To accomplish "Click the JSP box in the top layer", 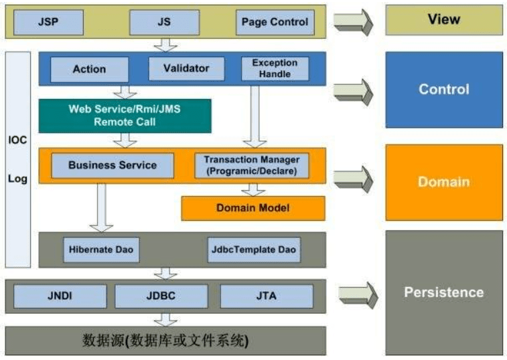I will [48, 22].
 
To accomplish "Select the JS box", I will [165, 22].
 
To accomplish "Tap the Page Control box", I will [275, 22].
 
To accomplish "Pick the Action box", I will [89, 69].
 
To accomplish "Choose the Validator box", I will [187, 68].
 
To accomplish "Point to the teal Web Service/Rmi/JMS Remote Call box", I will [125, 116].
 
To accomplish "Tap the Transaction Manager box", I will [252, 165].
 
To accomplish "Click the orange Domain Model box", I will [252, 208].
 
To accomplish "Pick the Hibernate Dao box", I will [101, 250].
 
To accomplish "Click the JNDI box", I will [60, 296].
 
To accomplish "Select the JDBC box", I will [162, 296].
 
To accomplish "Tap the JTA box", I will [266, 296].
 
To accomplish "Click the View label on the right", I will [443, 19].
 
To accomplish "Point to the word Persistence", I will [443, 292].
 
